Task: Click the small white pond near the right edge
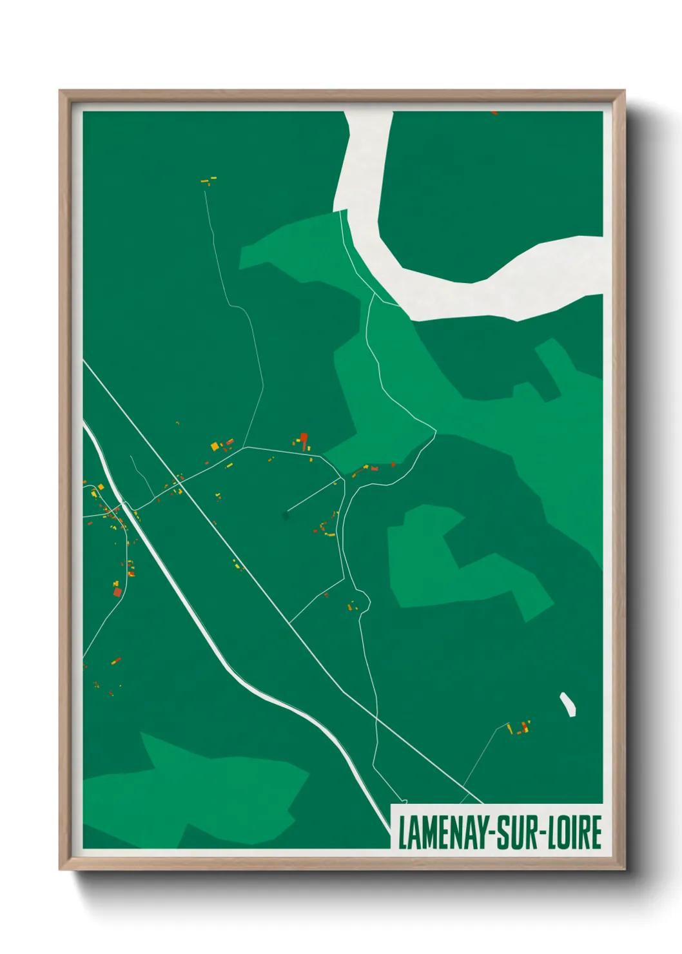click(567, 704)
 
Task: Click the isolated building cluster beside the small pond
click(520, 728)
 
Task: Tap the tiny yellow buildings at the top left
click(209, 180)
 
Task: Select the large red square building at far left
click(117, 592)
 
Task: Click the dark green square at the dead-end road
click(286, 515)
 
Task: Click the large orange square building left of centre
click(215, 445)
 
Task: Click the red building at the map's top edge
click(494, 113)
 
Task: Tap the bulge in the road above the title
click(365, 601)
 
